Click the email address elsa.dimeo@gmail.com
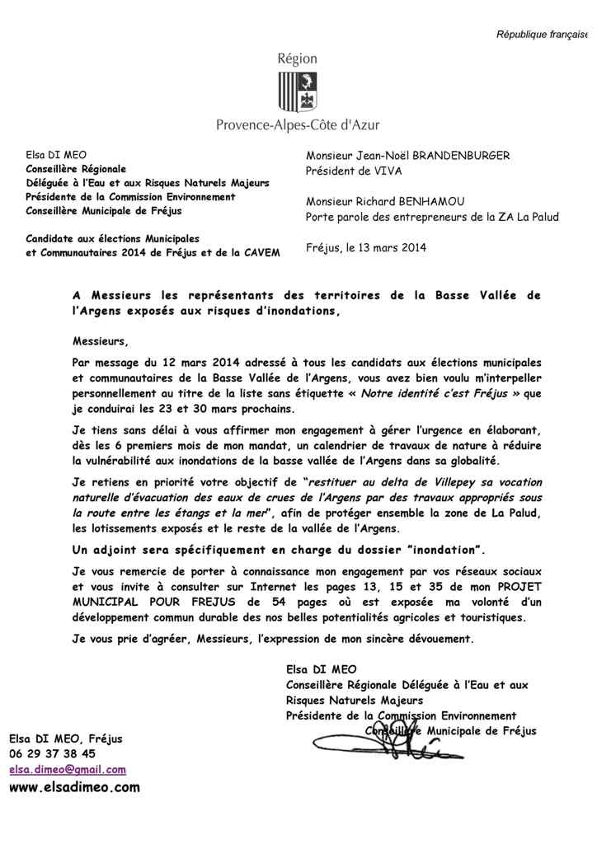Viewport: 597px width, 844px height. pyautogui.click(x=68, y=770)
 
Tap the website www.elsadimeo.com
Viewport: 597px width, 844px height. pyautogui.click(x=74, y=787)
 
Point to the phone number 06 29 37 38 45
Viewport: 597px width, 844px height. pyautogui.click(x=52, y=753)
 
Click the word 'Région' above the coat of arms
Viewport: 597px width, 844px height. pyautogui.click(x=298, y=59)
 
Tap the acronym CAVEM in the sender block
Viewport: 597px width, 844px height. pyautogui.click(x=257, y=251)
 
